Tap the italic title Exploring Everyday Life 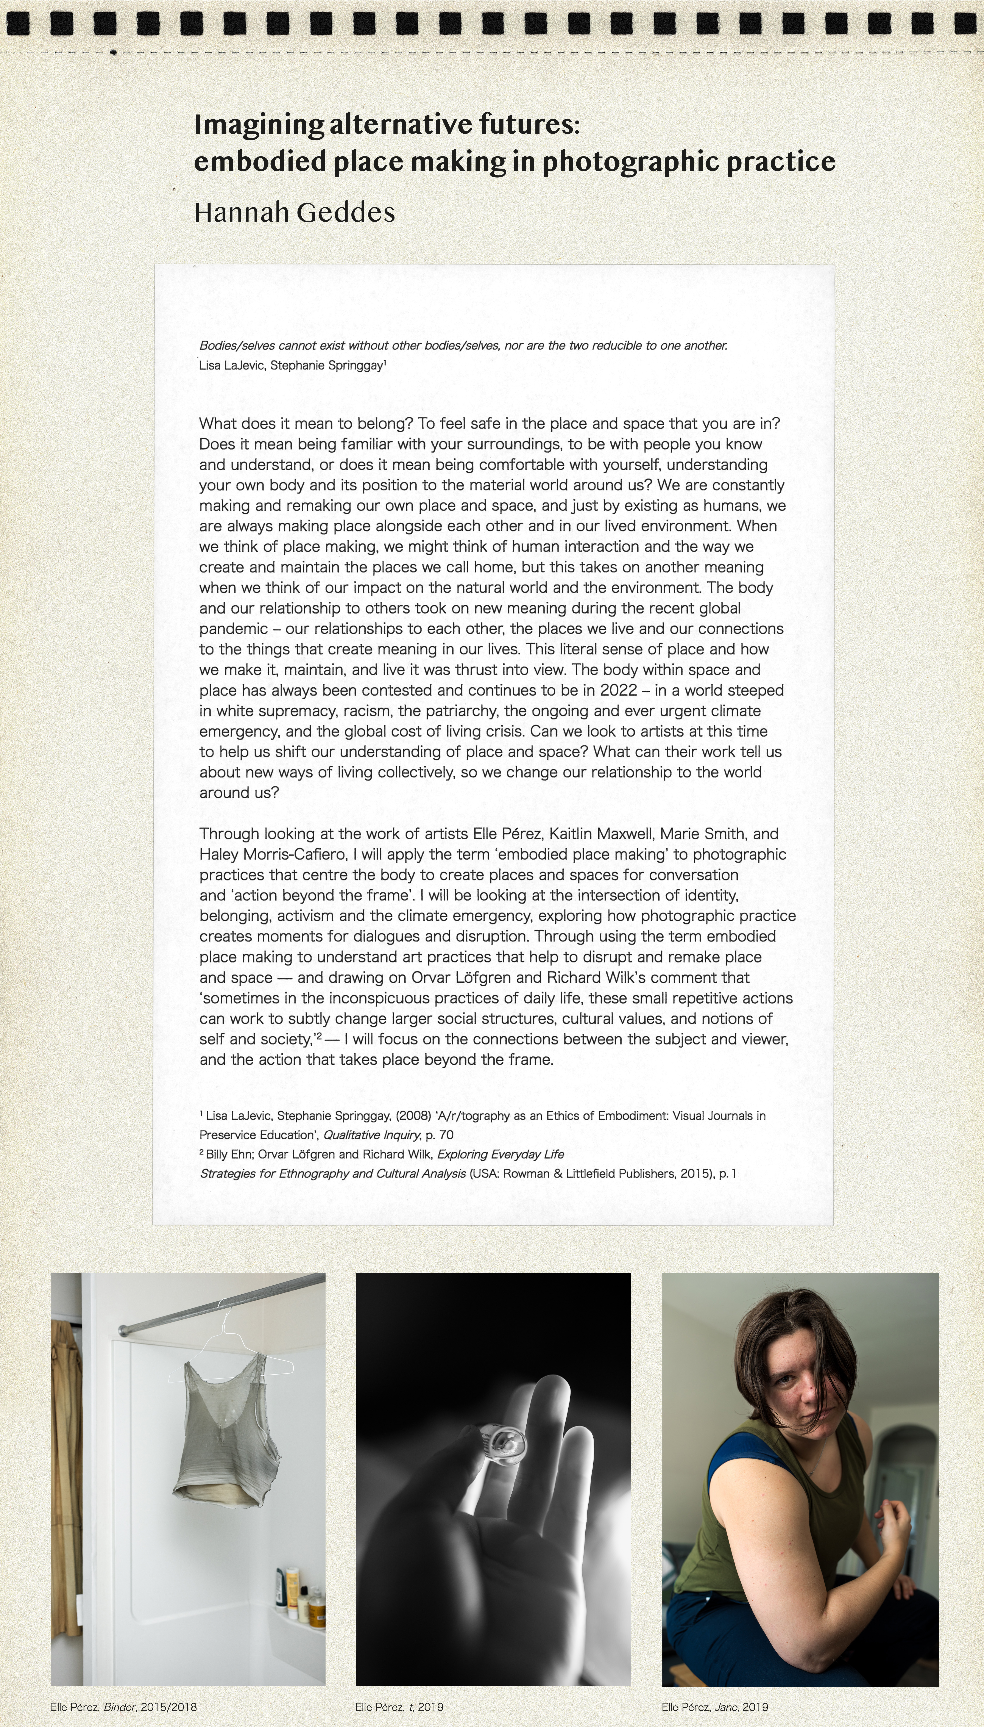500,1154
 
